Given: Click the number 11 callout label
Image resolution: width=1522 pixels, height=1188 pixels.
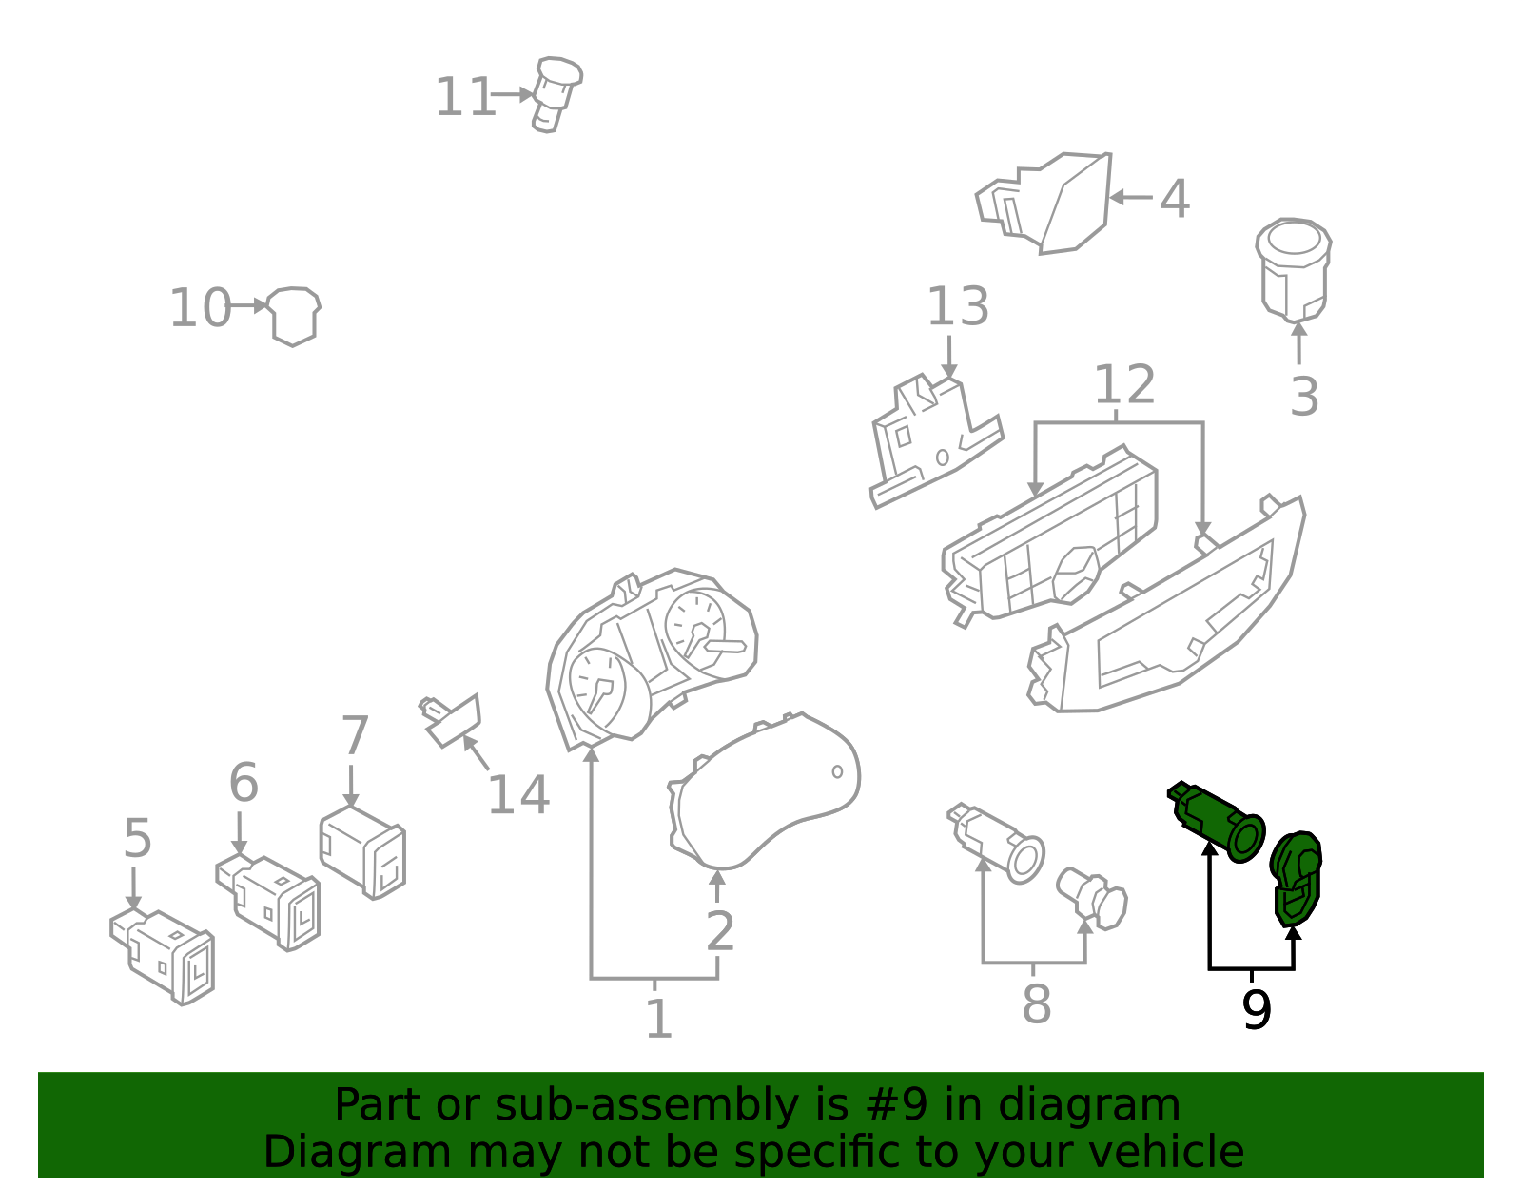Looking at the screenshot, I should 464,97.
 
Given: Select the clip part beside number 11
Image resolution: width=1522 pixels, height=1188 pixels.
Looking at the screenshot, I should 556,93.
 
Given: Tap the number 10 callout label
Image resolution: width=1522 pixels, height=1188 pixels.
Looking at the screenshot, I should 200,308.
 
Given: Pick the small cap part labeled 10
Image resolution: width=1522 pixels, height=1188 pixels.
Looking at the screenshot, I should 293,315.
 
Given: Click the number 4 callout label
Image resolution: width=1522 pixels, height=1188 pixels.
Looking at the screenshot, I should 1175,199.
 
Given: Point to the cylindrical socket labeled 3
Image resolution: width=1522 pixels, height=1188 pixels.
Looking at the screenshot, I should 1293,269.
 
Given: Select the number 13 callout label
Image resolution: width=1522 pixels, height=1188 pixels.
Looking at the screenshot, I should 958,307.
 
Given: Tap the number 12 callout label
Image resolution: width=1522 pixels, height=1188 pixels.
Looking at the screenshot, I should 1124,385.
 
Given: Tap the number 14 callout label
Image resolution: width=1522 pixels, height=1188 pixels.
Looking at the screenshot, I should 518,795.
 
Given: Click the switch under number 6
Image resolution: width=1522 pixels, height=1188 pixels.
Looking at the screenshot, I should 271,900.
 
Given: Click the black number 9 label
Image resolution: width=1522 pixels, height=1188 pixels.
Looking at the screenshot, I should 1256,1010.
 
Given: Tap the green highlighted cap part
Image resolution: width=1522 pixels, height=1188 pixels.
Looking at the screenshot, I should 1296,878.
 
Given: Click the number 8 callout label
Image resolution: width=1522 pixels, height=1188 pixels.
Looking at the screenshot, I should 1036,1004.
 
